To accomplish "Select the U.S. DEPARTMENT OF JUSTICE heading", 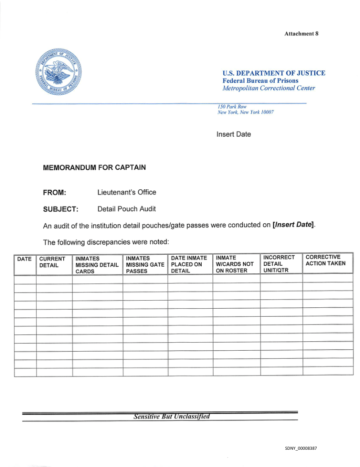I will click(x=274, y=73).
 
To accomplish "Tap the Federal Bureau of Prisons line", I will click(x=260, y=80).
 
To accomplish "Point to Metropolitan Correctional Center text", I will click(x=268, y=88).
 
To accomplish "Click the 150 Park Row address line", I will click(x=232, y=107).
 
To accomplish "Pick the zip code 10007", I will click(x=267, y=112).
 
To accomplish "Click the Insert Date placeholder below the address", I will click(x=234, y=134).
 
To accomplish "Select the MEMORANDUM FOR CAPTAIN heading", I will click(x=94, y=168).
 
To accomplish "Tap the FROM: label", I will click(x=54, y=192).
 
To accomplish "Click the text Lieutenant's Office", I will click(x=126, y=192).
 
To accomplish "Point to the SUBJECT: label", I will click(x=61, y=209).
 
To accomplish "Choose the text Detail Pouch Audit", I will click(x=126, y=209).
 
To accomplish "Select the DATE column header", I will click(x=24, y=259).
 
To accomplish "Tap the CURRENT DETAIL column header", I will click(x=52, y=262).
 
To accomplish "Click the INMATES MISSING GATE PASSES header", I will click(x=145, y=264).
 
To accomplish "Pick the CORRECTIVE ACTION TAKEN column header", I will click(x=326, y=260).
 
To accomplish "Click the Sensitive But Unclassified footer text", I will click(x=171, y=417).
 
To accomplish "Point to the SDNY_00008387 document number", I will click(x=301, y=448).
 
